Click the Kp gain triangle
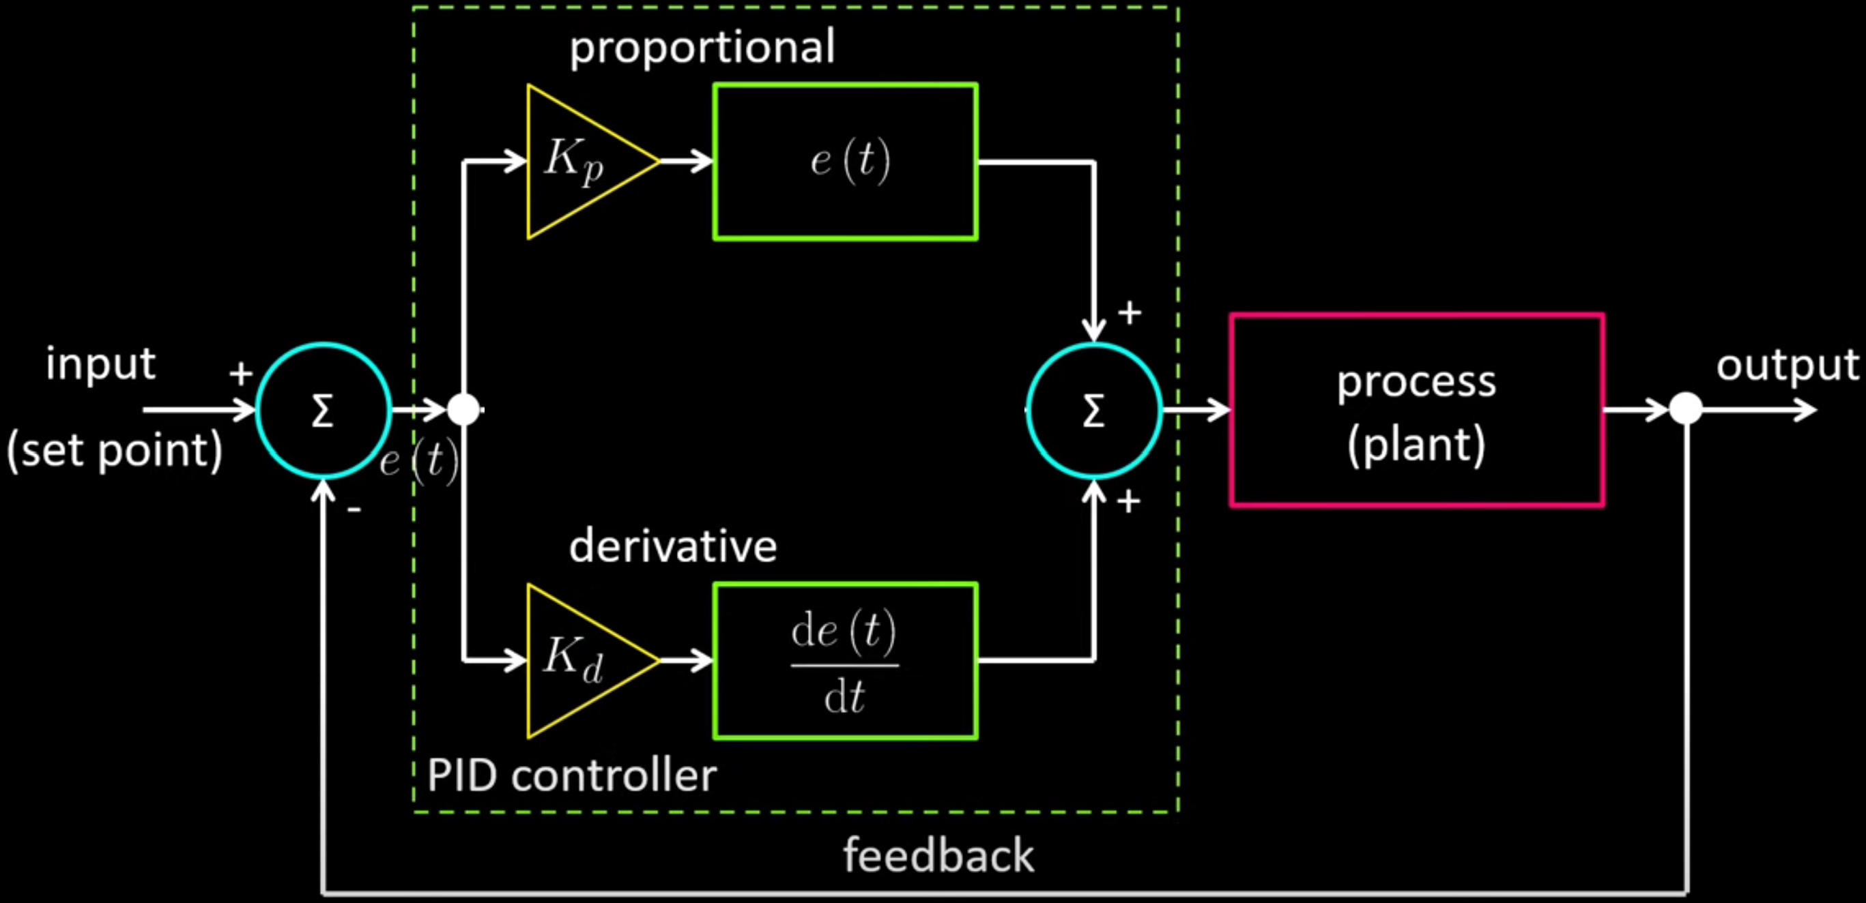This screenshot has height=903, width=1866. coord(579,162)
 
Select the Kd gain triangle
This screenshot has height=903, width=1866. coord(579,660)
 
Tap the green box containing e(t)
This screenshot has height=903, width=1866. coord(846,162)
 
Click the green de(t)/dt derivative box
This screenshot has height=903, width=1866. coord(846,660)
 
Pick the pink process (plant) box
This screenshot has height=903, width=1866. coord(1416,410)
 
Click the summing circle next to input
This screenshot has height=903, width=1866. coord(323,410)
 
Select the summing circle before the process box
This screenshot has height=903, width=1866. coord(1094,410)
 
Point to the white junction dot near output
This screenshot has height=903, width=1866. coord(1686,410)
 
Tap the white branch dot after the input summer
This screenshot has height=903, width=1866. coord(463,410)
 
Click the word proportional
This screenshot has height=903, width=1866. coord(701,48)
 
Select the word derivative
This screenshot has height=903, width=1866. coord(672,547)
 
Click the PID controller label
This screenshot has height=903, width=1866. coord(571,776)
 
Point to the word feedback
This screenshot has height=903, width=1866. coord(938,856)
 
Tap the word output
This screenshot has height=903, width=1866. coord(1787,366)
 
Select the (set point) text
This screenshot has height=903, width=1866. coord(115,450)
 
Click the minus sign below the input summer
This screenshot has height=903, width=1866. coord(354,509)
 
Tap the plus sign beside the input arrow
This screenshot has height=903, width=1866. coord(240,374)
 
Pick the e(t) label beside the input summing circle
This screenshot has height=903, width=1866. coord(418,460)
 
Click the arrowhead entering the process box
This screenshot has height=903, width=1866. coord(1220,410)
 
